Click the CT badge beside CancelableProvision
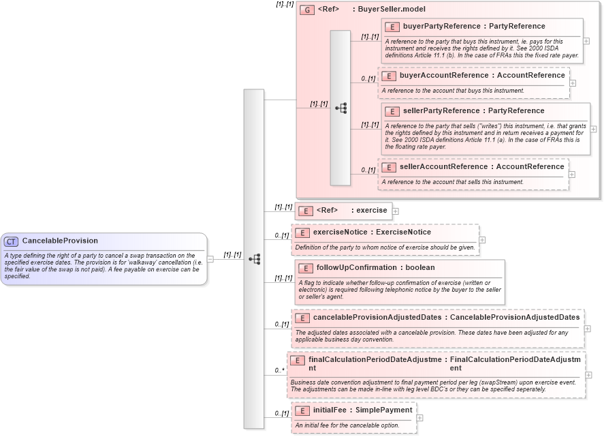coord(12,241)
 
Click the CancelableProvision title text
coord(60,241)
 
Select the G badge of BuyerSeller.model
coord(308,10)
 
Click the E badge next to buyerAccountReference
coord(389,76)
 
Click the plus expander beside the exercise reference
coord(396,211)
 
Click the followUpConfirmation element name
coord(356,267)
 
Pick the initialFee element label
coord(330,410)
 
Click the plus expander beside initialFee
coord(420,417)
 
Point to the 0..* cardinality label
coord(279,370)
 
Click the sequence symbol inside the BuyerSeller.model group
coord(340,108)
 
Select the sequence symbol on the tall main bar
coord(254,259)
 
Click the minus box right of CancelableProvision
coord(210,259)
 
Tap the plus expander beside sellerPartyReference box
coord(594,128)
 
